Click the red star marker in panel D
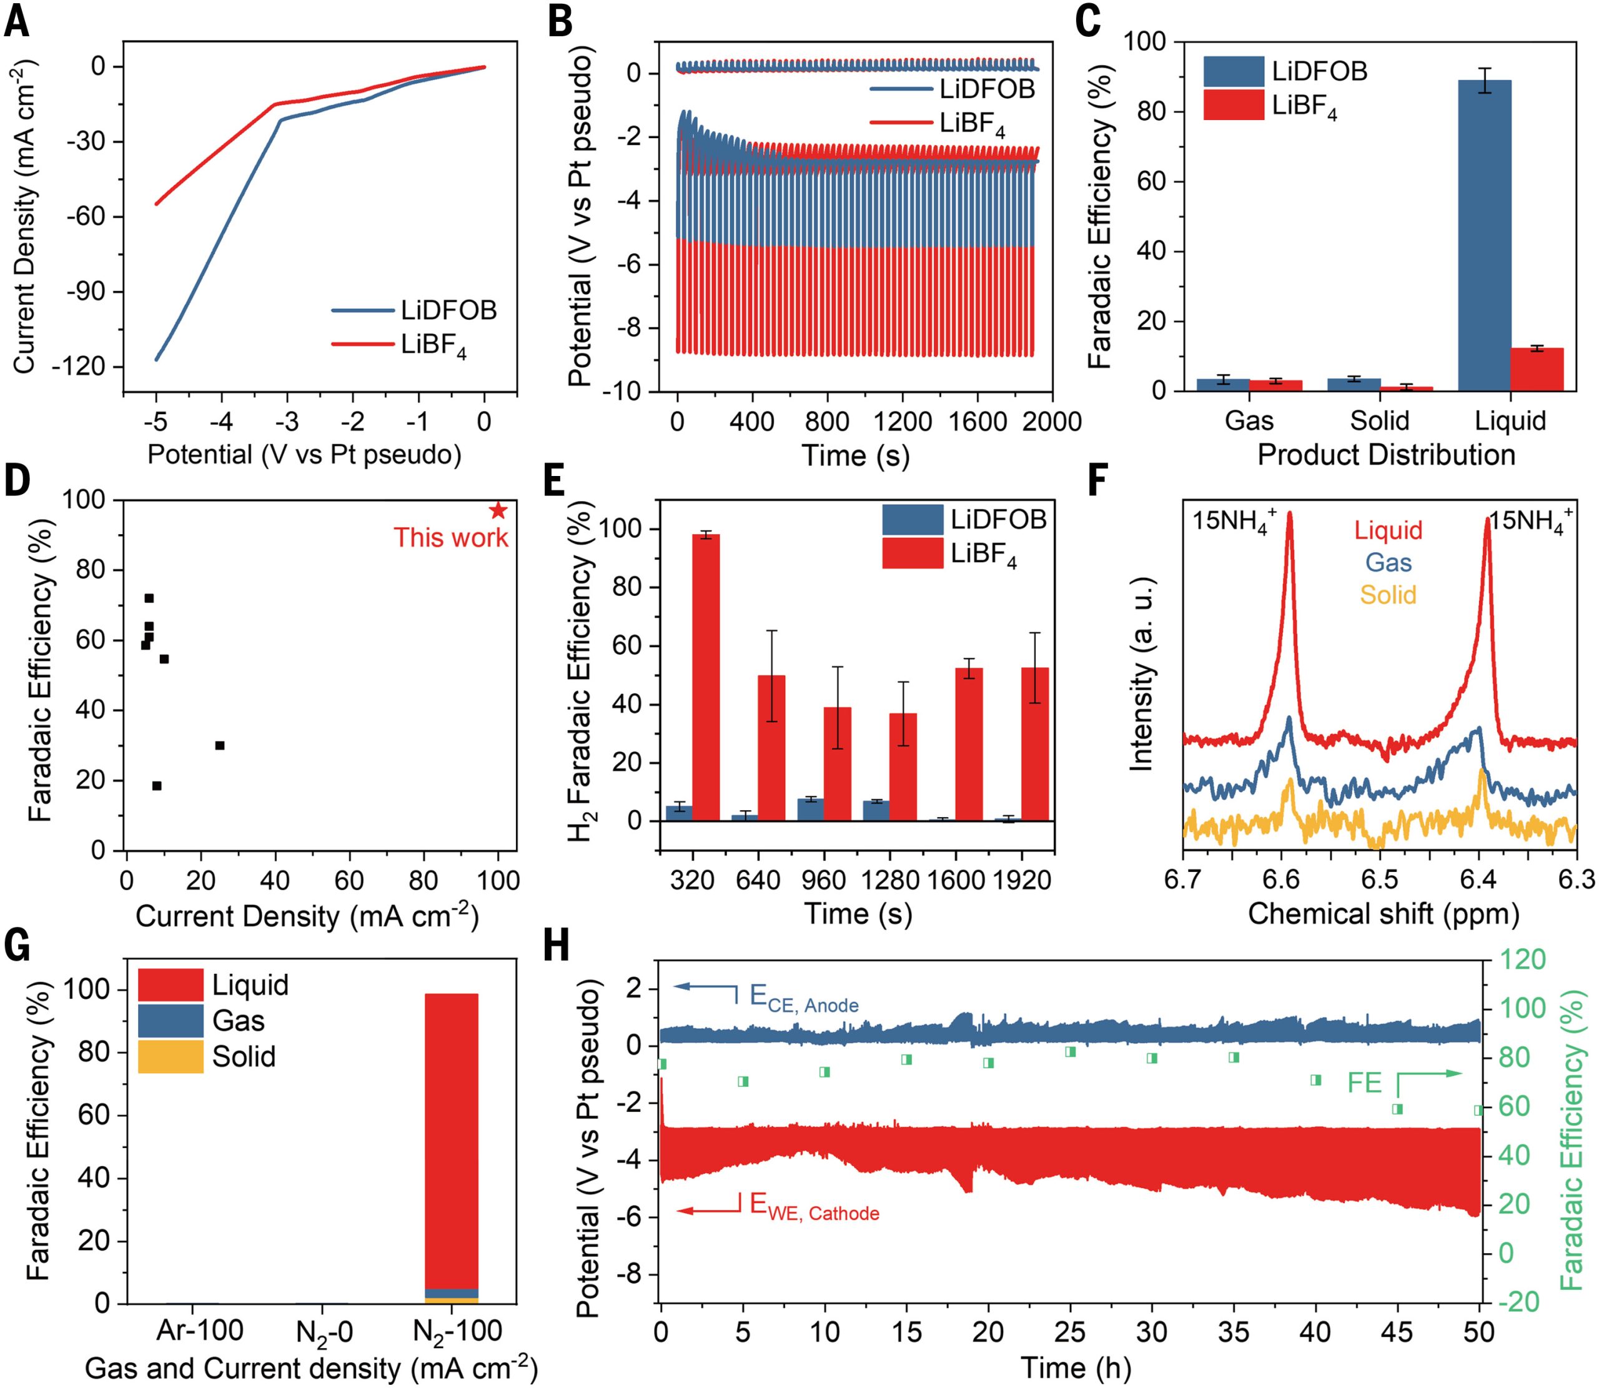coord(498,510)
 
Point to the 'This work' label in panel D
coord(451,538)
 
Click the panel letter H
coord(557,946)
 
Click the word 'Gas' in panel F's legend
coord(1389,562)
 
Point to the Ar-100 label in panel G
coord(200,1329)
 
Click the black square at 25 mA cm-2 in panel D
coord(220,745)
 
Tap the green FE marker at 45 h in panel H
coord(1398,1109)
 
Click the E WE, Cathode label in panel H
coord(814,1206)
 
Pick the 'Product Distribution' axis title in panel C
coord(1386,455)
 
